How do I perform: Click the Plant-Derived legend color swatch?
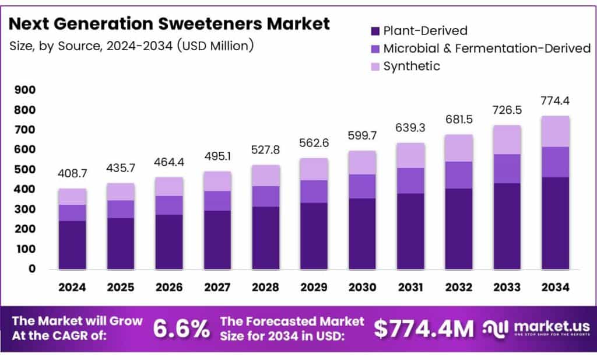click(x=374, y=31)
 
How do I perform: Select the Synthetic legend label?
click(x=412, y=66)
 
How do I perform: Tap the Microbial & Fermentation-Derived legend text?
click(x=486, y=48)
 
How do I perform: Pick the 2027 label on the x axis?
click(x=217, y=287)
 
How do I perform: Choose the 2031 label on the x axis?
click(x=410, y=287)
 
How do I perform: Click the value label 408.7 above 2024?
click(x=72, y=174)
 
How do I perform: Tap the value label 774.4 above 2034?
click(x=554, y=101)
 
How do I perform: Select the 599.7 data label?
click(x=362, y=136)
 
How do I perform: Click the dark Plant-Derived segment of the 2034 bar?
click(x=554, y=223)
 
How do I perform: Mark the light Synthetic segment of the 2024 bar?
click(x=72, y=197)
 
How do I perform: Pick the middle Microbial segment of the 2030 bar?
click(x=362, y=186)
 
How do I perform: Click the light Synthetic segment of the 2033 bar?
click(x=507, y=139)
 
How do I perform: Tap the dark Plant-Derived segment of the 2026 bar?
click(x=169, y=242)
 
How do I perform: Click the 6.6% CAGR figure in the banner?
click(x=181, y=329)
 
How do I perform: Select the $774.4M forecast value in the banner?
click(x=424, y=329)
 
